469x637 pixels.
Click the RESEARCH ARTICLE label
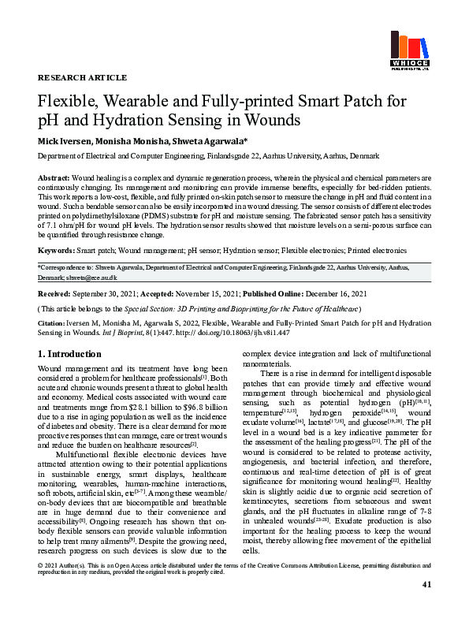click(x=82, y=78)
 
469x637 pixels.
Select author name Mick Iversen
click(x=65, y=140)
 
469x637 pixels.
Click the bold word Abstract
click(x=53, y=179)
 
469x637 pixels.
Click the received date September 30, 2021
click(x=107, y=293)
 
